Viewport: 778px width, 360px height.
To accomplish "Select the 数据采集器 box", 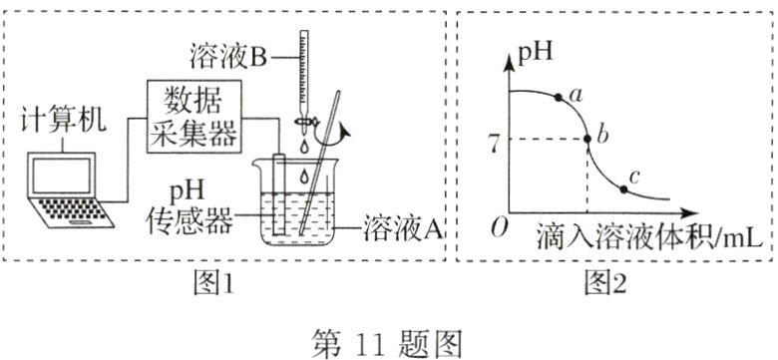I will tap(194, 116).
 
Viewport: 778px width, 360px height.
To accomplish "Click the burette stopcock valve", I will tap(302, 126).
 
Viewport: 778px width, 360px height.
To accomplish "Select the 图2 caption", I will tap(605, 284).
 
